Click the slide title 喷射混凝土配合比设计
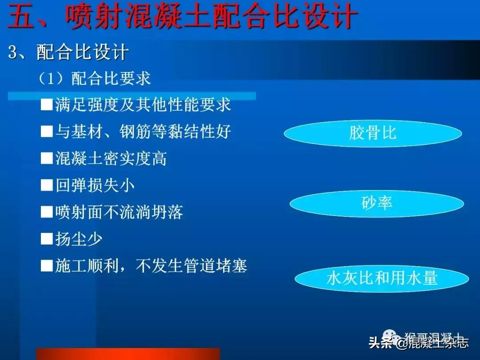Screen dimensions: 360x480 pos(211,17)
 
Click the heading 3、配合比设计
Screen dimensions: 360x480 pos(69,53)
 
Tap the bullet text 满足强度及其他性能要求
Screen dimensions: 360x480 pos(143,105)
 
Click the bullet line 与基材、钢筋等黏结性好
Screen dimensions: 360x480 pos(143,132)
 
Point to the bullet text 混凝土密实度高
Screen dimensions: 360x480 pos(111,159)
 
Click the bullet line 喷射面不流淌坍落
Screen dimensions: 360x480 pos(119,212)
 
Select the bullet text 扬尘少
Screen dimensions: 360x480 pos(79,239)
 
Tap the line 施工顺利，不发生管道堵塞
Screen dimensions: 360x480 pos(151,266)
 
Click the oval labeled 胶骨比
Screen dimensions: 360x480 pos(372,133)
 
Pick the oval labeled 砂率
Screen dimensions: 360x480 pos(376,204)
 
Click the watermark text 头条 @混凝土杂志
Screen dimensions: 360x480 pos(418,343)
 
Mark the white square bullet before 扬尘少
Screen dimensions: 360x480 pos(47,240)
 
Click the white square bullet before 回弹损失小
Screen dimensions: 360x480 pos(47,186)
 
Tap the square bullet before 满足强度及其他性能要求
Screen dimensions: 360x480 pos(47,105)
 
